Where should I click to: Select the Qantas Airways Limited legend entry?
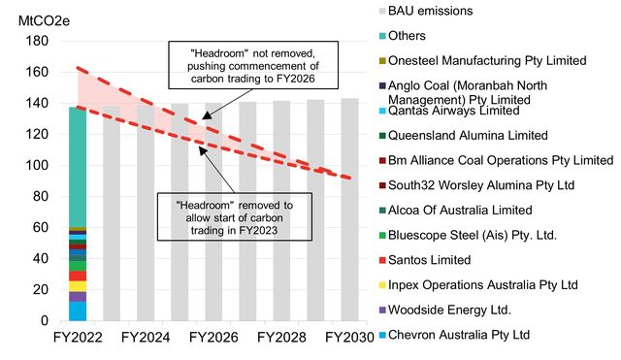452,111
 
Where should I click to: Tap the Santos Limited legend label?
429,260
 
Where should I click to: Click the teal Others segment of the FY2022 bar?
78,165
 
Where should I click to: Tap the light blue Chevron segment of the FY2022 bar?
78,311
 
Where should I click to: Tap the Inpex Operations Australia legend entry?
482,284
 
